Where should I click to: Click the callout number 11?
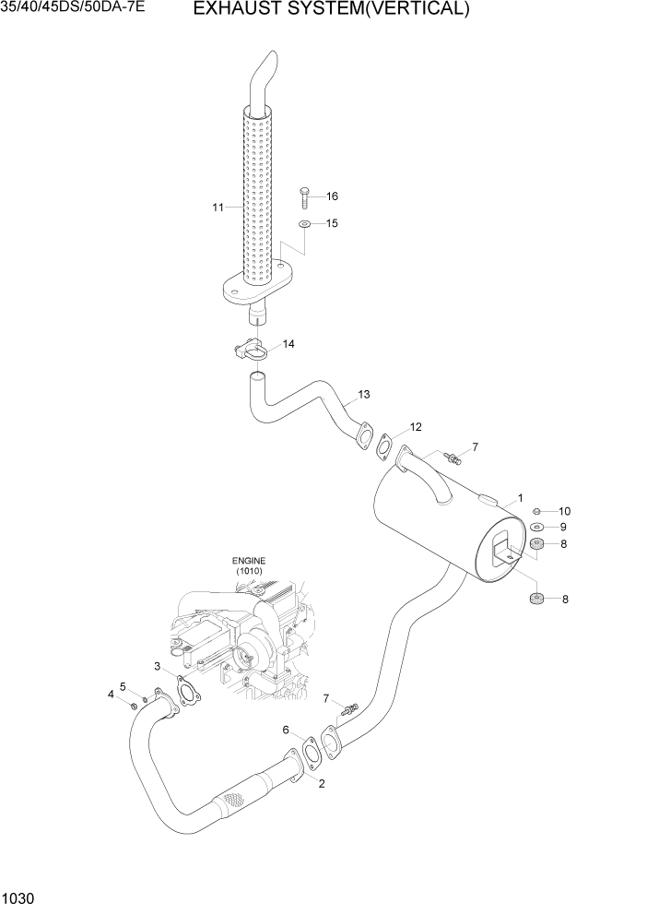click(x=218, y=208)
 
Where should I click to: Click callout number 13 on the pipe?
click(x=363, y=395)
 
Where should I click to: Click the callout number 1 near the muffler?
click(x=520, y=498)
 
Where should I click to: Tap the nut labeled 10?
click(x=537, y=511)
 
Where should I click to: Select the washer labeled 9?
click(x=537, y=527)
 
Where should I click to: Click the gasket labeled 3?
click(x=187, y=693)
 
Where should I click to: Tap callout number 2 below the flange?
click(x=322, y=784)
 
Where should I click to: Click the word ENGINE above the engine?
click(x=248, y=560)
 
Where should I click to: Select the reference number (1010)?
click(x=248, y=572)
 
